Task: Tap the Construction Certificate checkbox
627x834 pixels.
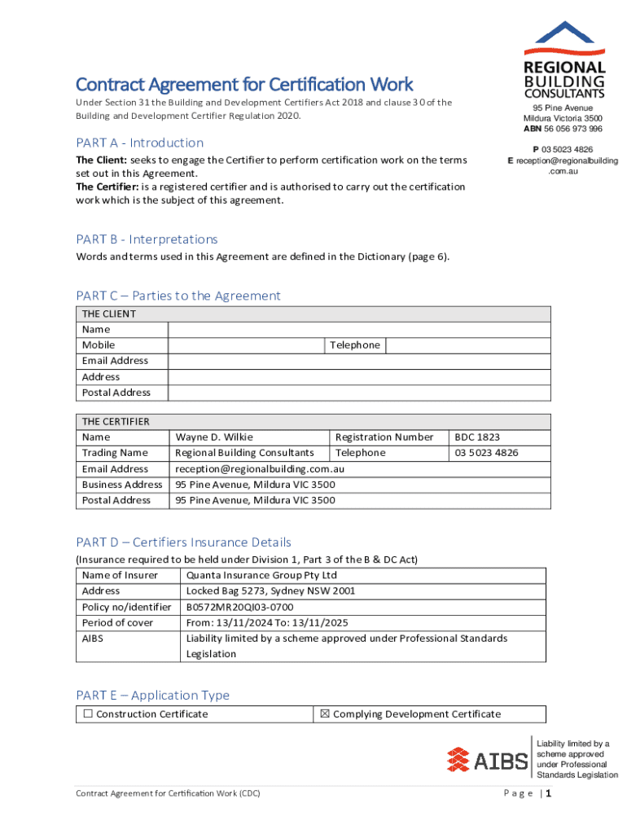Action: coord(87,714)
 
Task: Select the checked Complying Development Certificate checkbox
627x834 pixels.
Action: coord(324,714)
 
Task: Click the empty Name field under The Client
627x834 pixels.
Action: coord(358,330)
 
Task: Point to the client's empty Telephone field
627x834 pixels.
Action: coord(467,345)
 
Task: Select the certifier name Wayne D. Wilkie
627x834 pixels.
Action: coord(208,437)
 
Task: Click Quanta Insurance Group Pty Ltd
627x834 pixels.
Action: coord(261,576)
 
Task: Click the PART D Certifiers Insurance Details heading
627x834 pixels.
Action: coord(183,542)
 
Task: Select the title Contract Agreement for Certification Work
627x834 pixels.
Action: coord(244,85)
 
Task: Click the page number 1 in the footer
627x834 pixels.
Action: coord(550,794)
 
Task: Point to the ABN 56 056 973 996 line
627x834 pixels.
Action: coord(563,129)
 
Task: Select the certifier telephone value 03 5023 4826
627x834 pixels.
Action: coord(486,453)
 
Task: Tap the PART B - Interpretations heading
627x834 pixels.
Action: coord(147,239)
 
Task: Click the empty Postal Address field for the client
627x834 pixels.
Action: coord(358,393)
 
